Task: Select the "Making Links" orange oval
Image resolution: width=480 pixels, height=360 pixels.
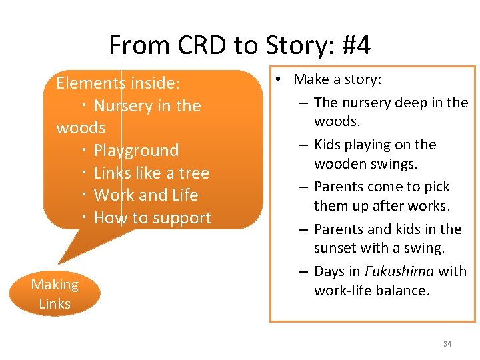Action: click(55, 294)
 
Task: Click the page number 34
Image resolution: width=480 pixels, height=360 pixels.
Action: click(447, 344)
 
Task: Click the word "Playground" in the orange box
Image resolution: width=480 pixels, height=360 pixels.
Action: click(136, 151)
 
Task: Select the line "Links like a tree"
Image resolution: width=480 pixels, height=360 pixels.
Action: click(151, 173)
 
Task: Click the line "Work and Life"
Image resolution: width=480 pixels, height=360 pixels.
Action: click(146, 195)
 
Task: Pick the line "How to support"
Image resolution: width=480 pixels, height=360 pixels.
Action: click(152, 218)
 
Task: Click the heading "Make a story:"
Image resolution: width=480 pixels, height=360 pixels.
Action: click(337, 80)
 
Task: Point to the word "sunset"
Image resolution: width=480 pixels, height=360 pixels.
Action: click(335, 249)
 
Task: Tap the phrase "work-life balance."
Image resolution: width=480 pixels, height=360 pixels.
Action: click(372, 291)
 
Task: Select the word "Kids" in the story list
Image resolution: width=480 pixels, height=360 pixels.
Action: click(327, 145)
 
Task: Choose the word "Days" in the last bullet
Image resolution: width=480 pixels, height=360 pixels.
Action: click(329, 271)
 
